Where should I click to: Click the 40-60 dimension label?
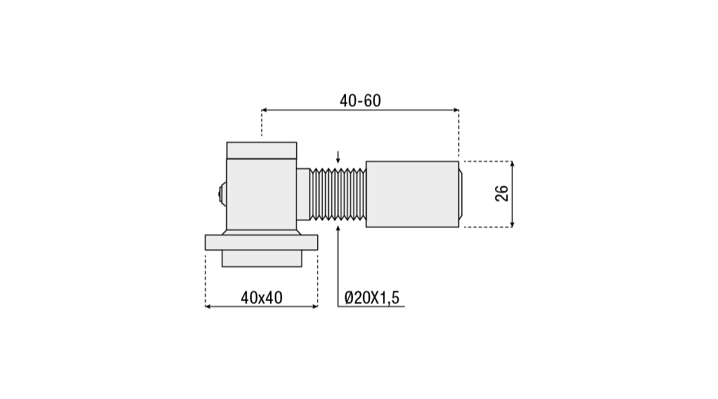tap(360, 101)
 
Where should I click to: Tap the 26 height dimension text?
tap(502, 194)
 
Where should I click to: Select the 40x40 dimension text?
tap(262, 298)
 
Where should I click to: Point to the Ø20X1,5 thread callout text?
tap(372, 298)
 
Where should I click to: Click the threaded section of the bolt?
tap(338, 194)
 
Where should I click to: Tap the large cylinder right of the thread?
tap(412, 194)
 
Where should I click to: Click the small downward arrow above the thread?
tap(338, 157)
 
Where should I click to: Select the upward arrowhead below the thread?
tap(338, 228)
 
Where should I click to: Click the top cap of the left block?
tap(262, 151)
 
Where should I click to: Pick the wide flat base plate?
tap(262, 242)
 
